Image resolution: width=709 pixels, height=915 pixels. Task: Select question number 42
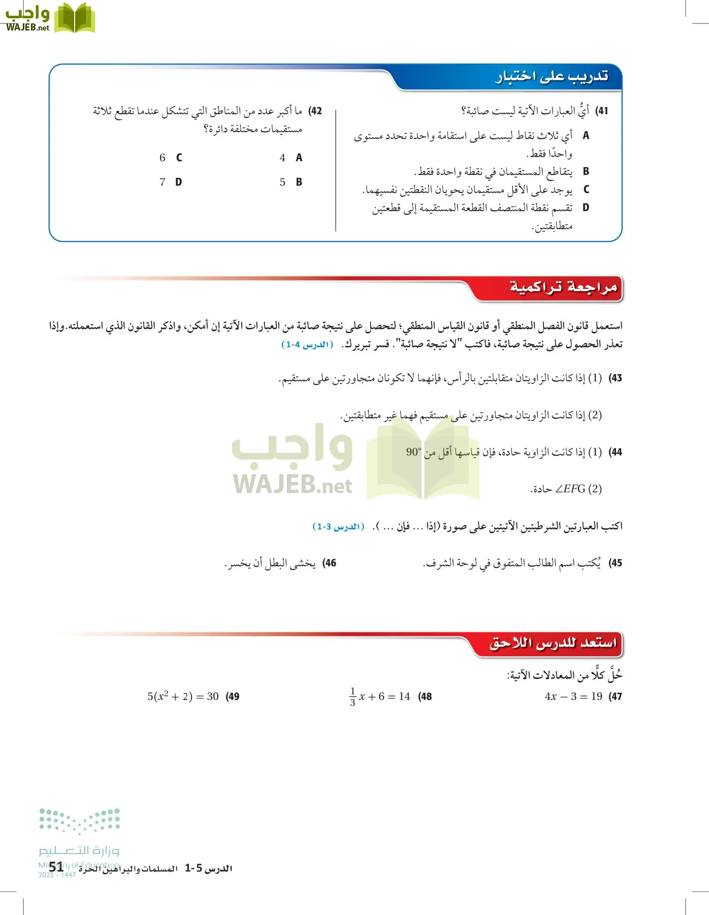click(315, 111)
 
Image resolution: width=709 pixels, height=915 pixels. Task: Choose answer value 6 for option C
click(163, 158)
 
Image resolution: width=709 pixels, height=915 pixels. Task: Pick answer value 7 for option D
click(163, 182)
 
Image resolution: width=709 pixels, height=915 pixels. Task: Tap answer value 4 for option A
click(282, 158)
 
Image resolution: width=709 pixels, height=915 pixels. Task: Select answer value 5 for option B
click(282, 182)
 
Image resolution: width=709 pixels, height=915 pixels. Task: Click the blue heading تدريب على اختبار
click(552, 77)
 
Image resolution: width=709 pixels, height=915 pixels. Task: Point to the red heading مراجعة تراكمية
click(563, 288)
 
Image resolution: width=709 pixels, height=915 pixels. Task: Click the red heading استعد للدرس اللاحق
click(553, 643)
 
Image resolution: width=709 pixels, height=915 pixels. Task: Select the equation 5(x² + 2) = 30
click(183, 696)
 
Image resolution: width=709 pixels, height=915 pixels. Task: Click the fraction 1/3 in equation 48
click(352, 697)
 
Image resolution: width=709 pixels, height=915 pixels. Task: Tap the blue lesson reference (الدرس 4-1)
click(307, 345)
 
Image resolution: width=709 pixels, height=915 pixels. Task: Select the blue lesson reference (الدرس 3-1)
click(338, 527)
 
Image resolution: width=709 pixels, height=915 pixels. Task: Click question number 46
click(330, 563)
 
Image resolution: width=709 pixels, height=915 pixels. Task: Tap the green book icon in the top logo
click(74, 18)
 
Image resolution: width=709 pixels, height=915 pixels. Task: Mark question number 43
click(616, 378)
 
